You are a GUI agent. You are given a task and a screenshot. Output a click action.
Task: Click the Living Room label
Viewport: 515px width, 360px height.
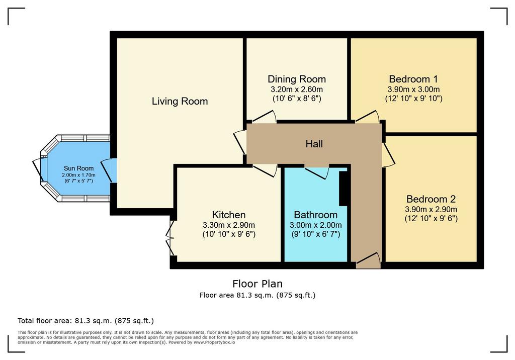coord(180,101)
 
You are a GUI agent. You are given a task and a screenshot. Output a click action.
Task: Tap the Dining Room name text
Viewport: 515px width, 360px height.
coord(297,79)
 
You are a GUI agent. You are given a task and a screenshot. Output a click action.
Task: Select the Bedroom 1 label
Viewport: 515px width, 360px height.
coord(413,79)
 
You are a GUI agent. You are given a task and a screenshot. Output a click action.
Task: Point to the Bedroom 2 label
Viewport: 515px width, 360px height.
coord(431,199)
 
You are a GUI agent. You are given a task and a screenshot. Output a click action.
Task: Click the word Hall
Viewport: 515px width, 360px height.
coord(314,144)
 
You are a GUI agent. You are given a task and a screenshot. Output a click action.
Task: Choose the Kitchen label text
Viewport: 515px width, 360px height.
coord(229,215)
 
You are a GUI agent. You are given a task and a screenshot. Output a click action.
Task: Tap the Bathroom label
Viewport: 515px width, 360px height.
coord(316,215)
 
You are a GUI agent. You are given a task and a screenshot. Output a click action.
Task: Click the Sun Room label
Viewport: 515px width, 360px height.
coord(79,168)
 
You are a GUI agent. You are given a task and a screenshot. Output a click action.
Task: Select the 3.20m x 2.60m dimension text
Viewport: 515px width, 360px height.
coord(297,89)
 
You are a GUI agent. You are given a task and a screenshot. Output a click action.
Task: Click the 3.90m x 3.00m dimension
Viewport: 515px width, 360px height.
coord(413,89)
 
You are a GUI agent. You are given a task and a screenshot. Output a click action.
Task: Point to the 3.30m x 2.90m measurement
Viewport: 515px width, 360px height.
coord(229,225)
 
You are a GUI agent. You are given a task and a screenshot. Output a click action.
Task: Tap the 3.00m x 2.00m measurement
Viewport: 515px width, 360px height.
coord(316,225)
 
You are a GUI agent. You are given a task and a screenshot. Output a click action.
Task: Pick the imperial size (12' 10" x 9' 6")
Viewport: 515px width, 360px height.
coord(431,218)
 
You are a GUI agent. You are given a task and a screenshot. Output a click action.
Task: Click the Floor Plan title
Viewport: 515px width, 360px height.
coord(257,284)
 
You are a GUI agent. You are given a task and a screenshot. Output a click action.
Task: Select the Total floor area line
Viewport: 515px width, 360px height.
coord(85,321)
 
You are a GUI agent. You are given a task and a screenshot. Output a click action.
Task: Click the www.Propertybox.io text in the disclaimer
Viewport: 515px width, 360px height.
coord(214,342)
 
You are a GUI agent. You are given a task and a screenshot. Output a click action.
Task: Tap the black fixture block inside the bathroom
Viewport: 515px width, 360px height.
coord(343,189)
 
